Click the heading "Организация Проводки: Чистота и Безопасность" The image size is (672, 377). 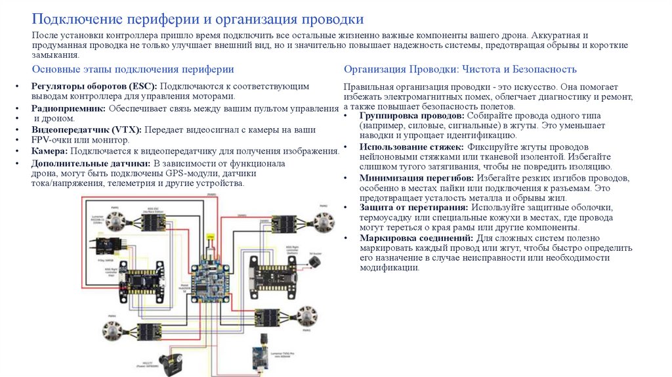click(x=460, y=69)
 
